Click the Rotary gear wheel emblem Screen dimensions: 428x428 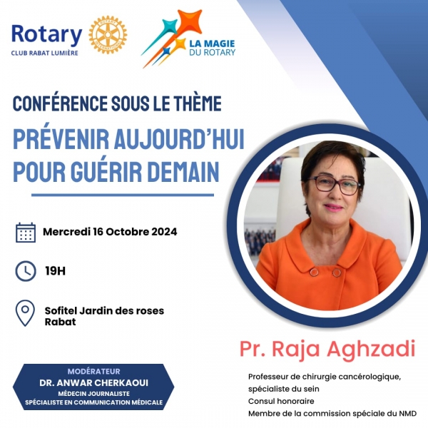[x=108, y=34]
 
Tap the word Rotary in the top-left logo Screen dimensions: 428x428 [x=46, y=34]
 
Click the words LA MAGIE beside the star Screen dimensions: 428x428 [x=212, y=43]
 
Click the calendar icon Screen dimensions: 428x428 [x=26, y=233]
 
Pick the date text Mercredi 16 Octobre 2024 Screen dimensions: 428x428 [x=110, y=232]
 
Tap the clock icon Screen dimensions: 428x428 [x=26, y=271]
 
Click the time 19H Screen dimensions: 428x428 [x=56, y=271]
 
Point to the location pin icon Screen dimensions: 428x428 [x=26, y=313]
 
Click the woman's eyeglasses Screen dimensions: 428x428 [x=334, y=184]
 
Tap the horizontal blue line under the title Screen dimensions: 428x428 [x=122, y=195]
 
